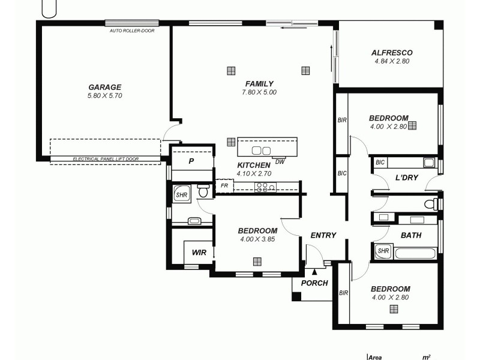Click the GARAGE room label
pyautogui.click(x=105, y=87)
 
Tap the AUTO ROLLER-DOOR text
pyautogui.click(x=131, y=30)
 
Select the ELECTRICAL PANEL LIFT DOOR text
pyautogui.click(x=105, y=160)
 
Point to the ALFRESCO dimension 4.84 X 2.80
pyautogui.click(x=391, y=61)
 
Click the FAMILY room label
pyautogui.click(x=259, y=84)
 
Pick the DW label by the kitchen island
pyautogui.click(x=280, y=161)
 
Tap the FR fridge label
pyautogui.click(x=224, y=186)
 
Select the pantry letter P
pyautogui.click(x=191, y=161)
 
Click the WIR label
pyautogui.click(x=199, y=253)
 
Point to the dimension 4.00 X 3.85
pyautogui.click(x=257, y=239)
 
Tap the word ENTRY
pyautogui.click(x=323, y=235)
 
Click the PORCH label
pyautogui.click(x=314, y=283)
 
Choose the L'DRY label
pyautogui.click(x=406, y=178)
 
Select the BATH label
pyautogui.click(x=410, y=235)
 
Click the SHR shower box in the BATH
pyautogui.click(x=383, y=251)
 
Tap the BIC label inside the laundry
pyautogui.click(x=380, y=162)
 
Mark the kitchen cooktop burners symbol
pyautogui.click(x=266, y=187)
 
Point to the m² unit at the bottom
pyautogui.click(x=426, y=356)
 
